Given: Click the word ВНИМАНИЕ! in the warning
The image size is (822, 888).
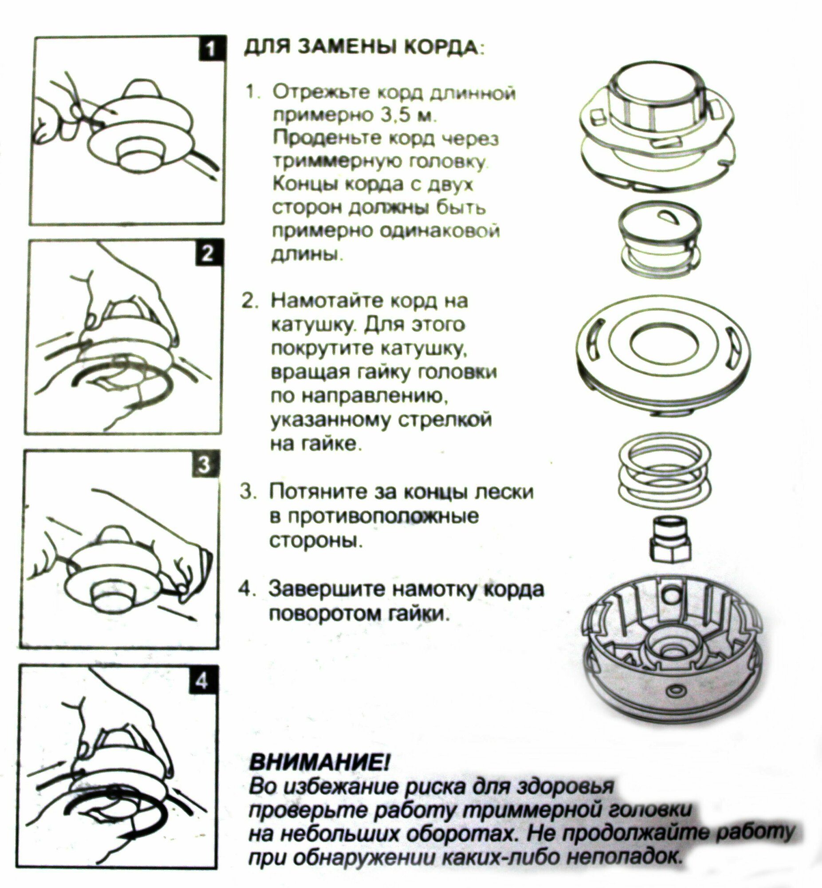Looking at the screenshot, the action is tap(320, 763).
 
